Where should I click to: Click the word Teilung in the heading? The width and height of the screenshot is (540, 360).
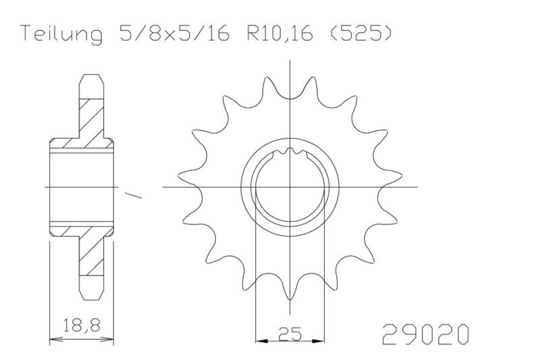(60, 34)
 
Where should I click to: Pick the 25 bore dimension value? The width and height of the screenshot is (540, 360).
(290, 333)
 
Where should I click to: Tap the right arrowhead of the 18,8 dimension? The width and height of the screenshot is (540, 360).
(107, 339)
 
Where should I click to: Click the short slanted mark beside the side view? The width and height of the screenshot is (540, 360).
(133, 197)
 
